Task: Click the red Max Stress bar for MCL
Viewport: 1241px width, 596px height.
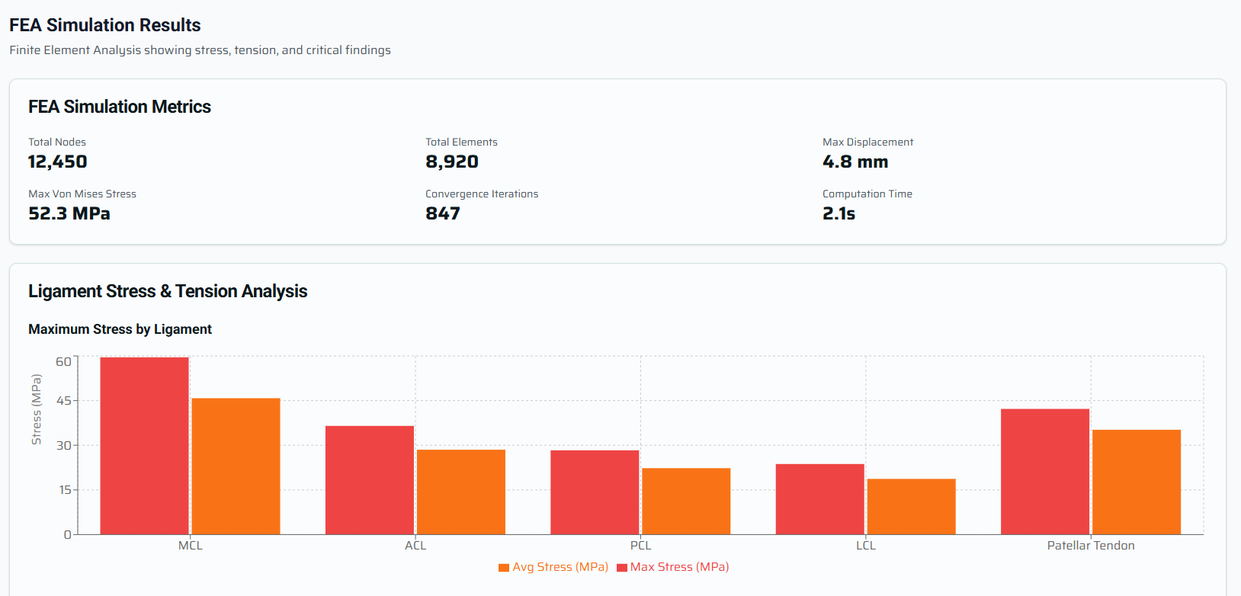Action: click(x=144, y=446)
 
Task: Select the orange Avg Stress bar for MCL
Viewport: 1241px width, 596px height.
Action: click(x=236, y=466)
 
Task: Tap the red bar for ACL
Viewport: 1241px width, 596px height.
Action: click(x=370, y=480)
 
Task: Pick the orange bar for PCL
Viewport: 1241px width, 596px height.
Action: click(x=686, y=501)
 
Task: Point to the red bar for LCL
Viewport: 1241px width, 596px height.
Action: click(x=819, y=499)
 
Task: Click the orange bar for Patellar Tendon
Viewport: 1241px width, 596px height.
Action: click(x=1137, y=482)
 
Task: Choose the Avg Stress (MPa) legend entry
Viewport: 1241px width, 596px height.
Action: click(x=553, y=567)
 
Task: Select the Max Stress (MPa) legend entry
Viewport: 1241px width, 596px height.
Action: click(x=673, y=567)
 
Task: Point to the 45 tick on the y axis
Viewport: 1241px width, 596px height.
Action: click(x=64, y=401)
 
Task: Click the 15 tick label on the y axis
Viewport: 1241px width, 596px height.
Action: click(x=65, y=490)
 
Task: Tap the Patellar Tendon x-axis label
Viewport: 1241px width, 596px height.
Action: click(x=1091, y=546)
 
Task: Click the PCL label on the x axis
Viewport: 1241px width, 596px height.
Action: click(x=640, y=546)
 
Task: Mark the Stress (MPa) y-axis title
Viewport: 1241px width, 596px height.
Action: click(x=36, y=409)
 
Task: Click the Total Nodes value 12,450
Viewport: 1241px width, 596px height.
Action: click(x=58, y=162)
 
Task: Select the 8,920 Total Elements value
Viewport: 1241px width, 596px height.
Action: click(x=452, y=162)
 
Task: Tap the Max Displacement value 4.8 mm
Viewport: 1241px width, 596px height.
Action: click(x=855, y=162)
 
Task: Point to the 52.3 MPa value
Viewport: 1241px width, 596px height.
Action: click(x=69, y=213)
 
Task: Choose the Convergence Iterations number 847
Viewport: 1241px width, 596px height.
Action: click(x=443, y=213)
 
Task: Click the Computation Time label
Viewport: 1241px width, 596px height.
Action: click(x=867, y=194)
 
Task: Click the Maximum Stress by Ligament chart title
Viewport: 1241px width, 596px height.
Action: click(x=120, y=329)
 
